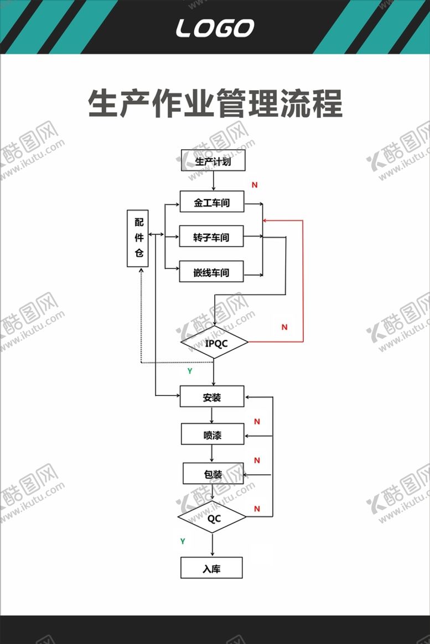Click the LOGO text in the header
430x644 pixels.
(x=215, y=28)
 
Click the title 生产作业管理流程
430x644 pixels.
(x=215, y=103)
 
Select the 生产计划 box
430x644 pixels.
(x=213, y=160)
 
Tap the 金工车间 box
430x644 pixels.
(x=212, y=201)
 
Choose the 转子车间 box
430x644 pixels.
(x=211, y=236)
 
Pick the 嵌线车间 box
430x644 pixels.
(x=211, y=271)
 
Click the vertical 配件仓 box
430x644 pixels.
(x=138, y=239)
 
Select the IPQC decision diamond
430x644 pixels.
(x=215, y=343)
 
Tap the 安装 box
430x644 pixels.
(x=212, y=396)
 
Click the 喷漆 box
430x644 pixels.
(x=213, y=434)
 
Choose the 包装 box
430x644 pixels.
(x=214, y=474)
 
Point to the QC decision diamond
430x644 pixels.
(x=212, y=517)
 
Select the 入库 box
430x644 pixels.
(x=212, y=568)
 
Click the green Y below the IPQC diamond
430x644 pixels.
(x=190, y=371)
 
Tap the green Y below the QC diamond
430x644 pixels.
(x=183, y=541)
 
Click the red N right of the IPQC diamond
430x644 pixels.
(x=284, y=327)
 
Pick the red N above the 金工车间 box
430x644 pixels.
(x=255, y=185)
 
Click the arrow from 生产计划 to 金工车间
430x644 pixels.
(x=214, y=181)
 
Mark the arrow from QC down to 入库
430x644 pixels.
(x=213, y=545)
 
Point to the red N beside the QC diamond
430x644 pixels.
(x=257, y=509)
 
